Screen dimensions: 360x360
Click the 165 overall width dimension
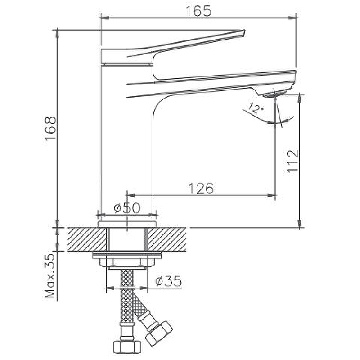pos(198,11)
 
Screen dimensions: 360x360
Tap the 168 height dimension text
pos(50,129)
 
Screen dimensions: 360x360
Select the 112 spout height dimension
pos(293,161)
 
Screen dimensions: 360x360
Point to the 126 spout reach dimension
pos(201,188)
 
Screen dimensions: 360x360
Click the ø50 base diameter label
pos(127,208)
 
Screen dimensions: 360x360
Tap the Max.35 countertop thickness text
pos(50,276)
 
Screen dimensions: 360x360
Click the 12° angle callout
pos(256,108)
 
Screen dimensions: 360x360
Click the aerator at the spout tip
pos(274,94)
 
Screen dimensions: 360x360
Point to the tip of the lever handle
pos(244,31)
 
